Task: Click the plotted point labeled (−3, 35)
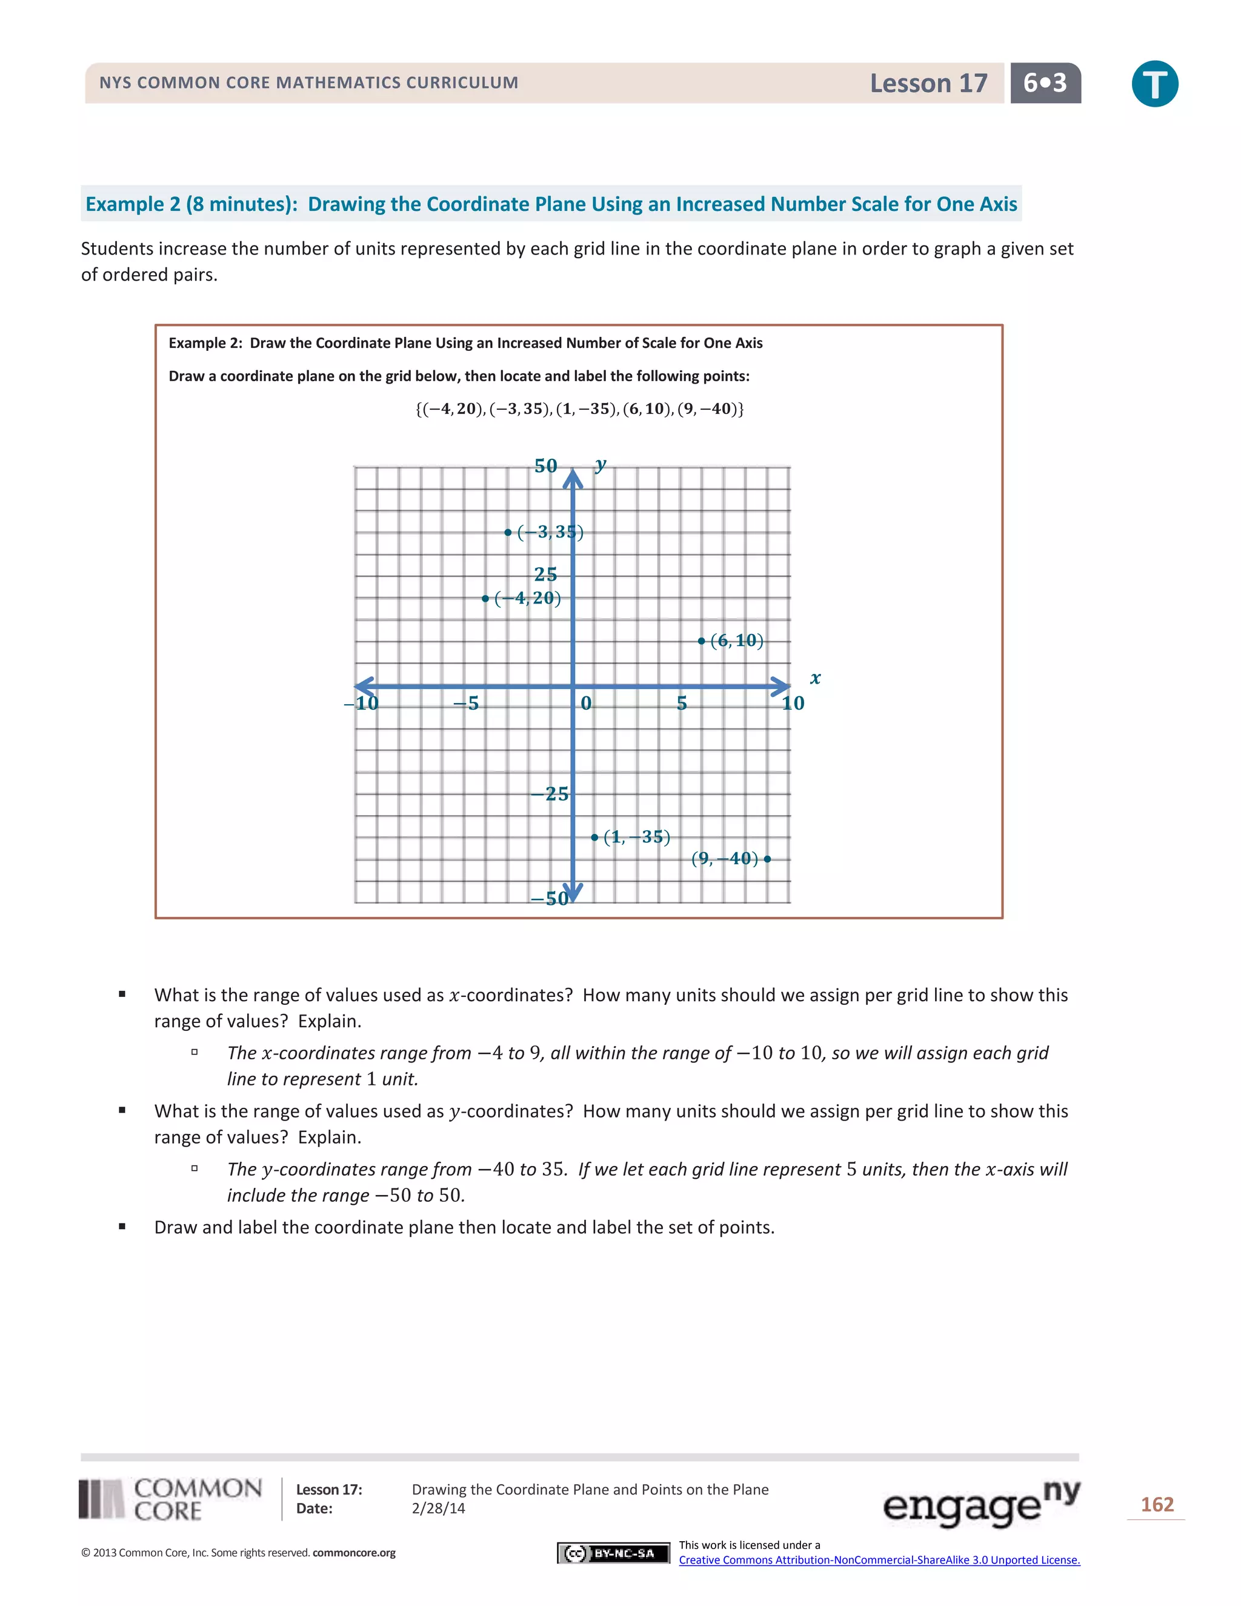[x=508, y=532]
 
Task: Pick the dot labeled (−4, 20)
[x=485, y=599]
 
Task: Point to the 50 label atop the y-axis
[x=545, y=466]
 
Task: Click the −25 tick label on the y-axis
[x=550, y=794]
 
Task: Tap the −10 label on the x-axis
[x=362, y=704]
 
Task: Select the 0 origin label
[x=586, y=704]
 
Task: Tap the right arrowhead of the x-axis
[x=780, y=686]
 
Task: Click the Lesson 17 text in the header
[x=928, y=83]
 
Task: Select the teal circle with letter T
[x=1154, y=84]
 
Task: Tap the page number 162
[x=1156, y=1505]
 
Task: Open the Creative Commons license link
[x=879, y=1560]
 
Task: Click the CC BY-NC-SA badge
[x=613, y=1553]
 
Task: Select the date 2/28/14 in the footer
[x=438, y=1508]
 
